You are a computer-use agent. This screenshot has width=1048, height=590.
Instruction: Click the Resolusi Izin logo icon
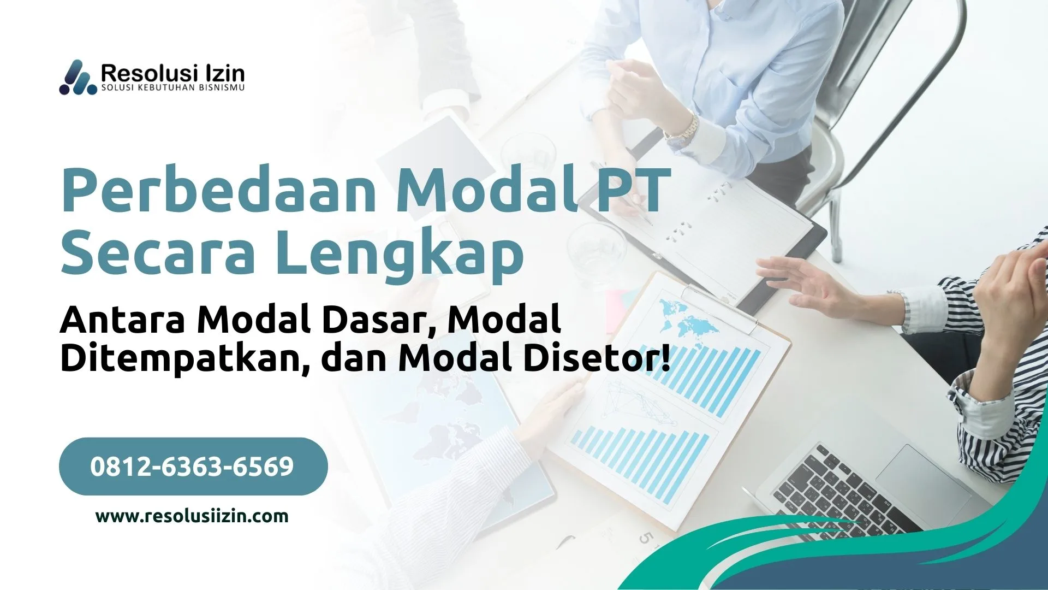78,78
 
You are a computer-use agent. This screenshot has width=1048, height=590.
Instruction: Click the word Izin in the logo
224,73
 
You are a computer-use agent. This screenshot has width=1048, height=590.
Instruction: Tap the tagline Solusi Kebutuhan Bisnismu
173,88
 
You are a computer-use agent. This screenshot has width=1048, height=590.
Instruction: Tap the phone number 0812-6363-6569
192,467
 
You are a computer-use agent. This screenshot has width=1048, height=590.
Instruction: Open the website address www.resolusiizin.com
192,516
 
